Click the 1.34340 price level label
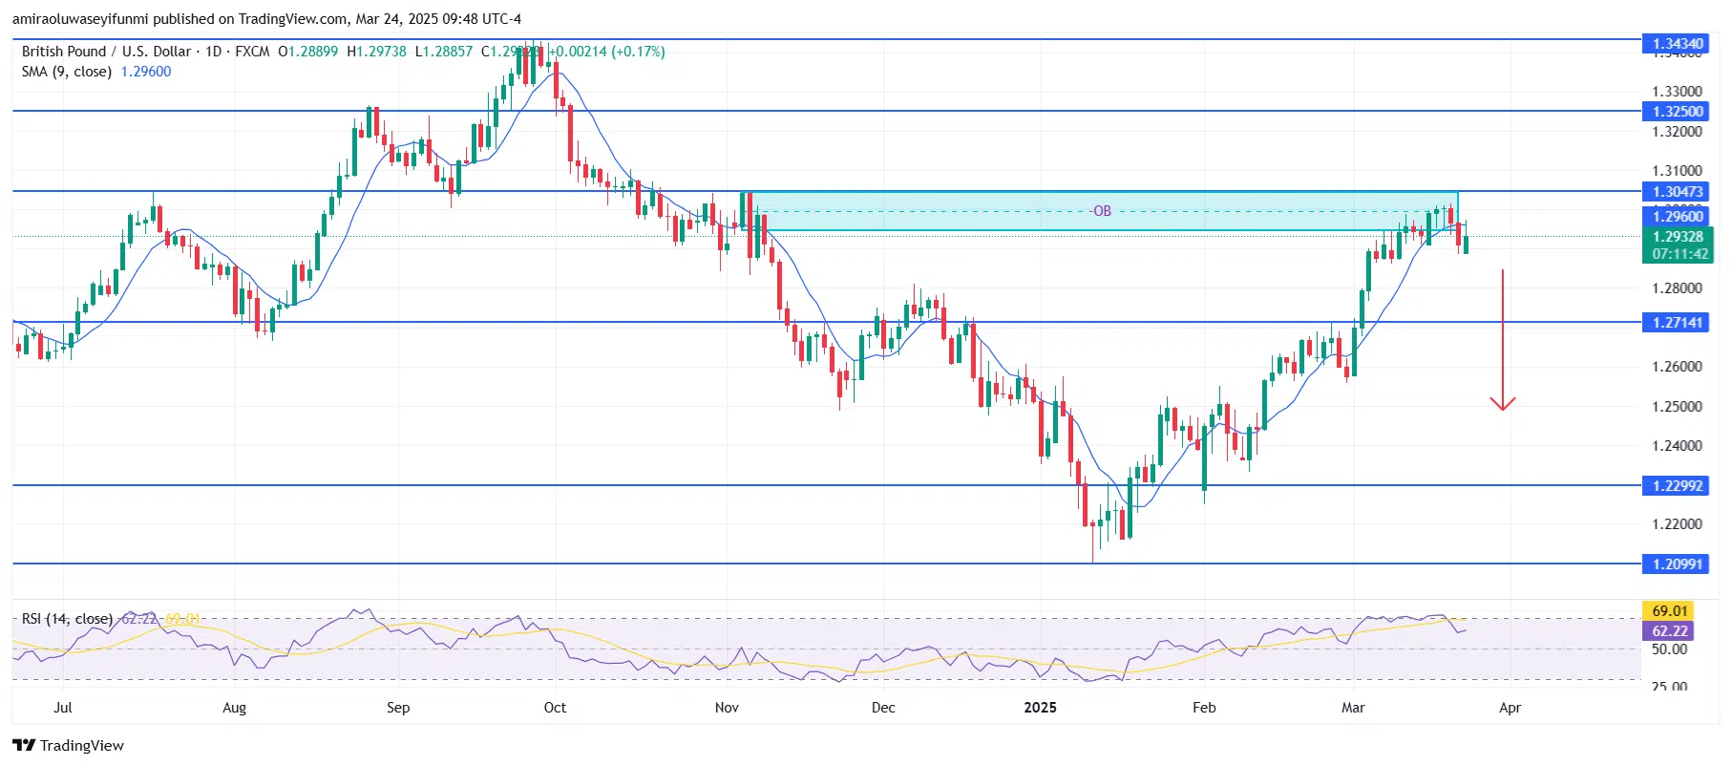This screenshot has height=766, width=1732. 1678,43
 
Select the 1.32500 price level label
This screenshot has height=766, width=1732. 1678,111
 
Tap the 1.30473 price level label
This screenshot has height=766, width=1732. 1678,191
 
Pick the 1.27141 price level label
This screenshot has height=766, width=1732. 1678,322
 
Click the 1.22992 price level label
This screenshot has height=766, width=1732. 1678,485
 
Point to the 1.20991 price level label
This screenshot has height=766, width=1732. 1678,564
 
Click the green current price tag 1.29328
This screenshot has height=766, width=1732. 1679,237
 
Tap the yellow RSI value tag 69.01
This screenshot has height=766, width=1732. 1670,610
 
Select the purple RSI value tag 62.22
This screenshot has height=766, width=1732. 1670,630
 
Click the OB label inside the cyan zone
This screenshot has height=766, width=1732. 1102,211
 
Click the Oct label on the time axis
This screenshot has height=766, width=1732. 555,708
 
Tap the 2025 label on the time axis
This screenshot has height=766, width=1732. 1040,708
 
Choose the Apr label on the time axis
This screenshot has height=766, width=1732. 1510,708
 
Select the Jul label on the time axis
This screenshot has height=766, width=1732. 63,708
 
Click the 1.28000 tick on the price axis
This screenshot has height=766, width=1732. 1677,287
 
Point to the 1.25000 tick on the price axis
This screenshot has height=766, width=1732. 1677,406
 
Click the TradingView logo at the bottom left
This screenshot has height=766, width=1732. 69,745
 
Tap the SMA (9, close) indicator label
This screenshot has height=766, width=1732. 67,72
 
